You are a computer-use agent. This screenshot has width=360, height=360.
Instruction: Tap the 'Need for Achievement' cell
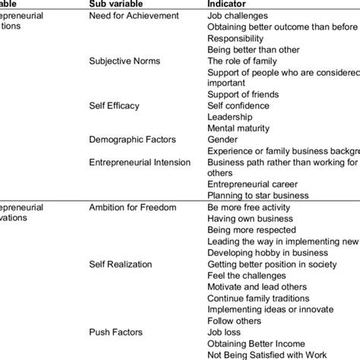click(134, 15)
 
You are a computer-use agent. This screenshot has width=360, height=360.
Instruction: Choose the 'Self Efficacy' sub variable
click(115, 105)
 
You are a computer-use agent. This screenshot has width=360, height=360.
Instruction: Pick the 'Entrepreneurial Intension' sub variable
click(139, 161)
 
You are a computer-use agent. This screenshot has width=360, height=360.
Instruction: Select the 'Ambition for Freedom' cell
click(134, 207)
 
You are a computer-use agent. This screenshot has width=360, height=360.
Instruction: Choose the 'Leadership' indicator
click(230, 116)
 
